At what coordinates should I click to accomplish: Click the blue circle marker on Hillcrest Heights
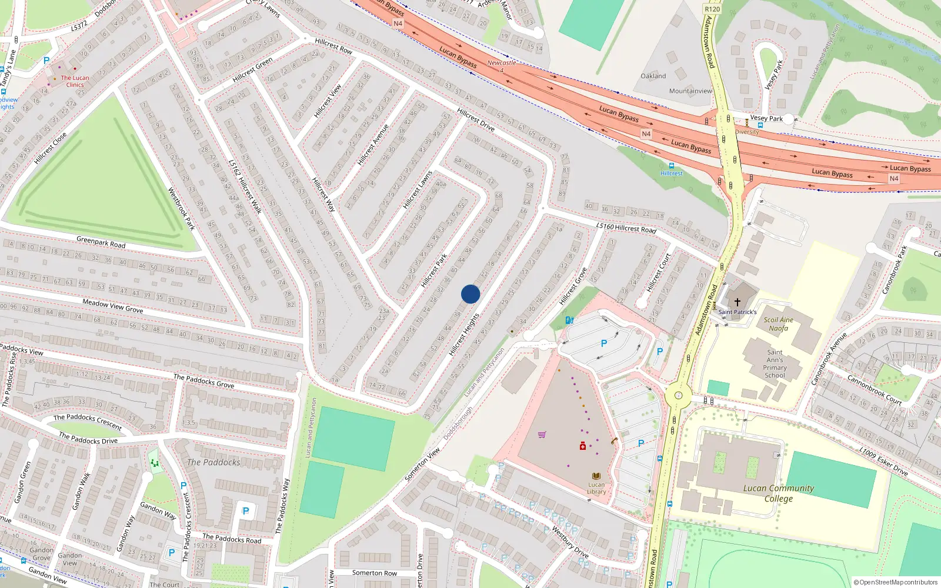(x=470, y=294)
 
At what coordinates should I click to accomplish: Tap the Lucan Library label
(x=596, y=488)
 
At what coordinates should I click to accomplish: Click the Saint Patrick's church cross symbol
(x=737, y=302)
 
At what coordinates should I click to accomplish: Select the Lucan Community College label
(x=779, y=493)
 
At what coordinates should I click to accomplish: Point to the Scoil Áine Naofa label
(x=779, y=324)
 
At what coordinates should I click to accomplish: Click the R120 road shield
(x=712, y=9)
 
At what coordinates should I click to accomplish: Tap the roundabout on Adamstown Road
(x=678, y=396)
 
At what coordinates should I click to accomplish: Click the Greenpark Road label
(x=101, y=242)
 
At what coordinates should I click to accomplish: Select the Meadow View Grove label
(x=112, y=306)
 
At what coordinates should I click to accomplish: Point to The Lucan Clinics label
(x=75, y=81)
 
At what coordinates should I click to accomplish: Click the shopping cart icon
(x=542, y=435)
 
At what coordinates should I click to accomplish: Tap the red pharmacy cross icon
(x=583, y=446)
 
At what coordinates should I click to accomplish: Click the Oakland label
(x=653, y=76)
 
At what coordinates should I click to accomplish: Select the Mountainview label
(x=690, y=91)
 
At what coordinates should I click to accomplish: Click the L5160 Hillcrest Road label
(x=626, y=228)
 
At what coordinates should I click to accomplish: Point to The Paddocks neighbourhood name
(x=213, y=462)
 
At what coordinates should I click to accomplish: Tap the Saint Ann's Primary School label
(x=775, y=363)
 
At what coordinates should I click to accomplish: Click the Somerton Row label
(x=374, y=573)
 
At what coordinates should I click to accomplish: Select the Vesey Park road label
(x=766, y=118)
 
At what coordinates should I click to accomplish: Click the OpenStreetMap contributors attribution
(x=895, y=582)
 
